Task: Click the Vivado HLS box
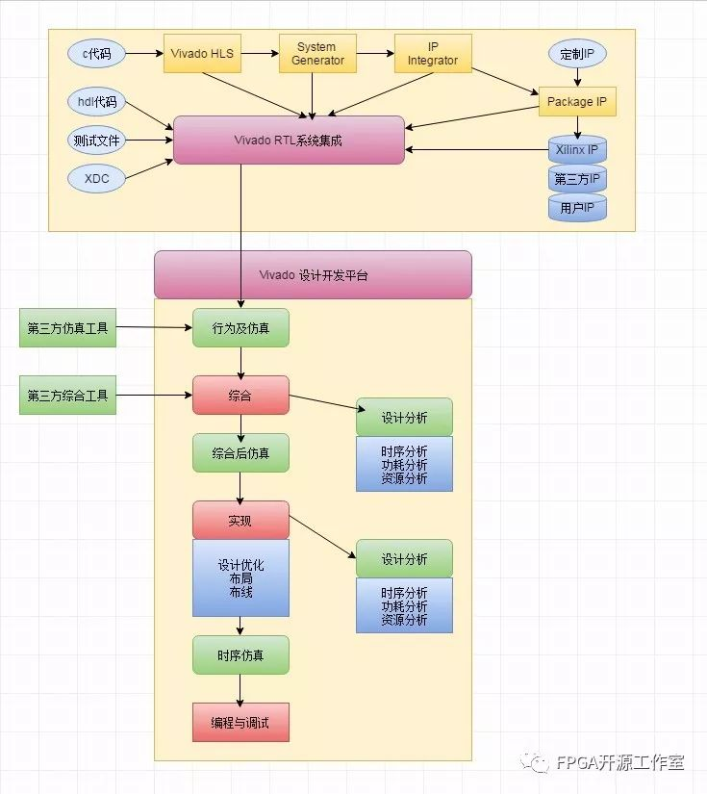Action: [x=202, y=53]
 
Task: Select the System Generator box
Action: [x=317, y=53]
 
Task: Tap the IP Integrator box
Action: [x=433, y=53]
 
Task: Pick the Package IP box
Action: [x=577, y=101]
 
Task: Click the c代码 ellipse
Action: [x=96, y=53]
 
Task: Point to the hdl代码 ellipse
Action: [x=96, y=102]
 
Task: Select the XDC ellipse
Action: [x=96, y=179]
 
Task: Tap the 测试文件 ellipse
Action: [x=96, y=141]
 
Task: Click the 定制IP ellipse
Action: [x=577, y=53]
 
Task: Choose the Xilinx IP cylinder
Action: [x=577, y=149]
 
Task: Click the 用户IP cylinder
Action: [x=577, y=208]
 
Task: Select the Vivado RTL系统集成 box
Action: [x=289, y=141]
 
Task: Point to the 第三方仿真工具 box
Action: [x=68, y=327]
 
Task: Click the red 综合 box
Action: [x=240, y=395]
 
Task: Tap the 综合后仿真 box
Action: [x=240, y=452]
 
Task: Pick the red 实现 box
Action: [x=240, y=520]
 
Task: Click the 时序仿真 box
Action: [x=240, y=655]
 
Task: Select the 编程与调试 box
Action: [x=240, y=723]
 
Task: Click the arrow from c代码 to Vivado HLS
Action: [x=144, y=53]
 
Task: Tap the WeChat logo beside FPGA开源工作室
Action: [x=535, y=762]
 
